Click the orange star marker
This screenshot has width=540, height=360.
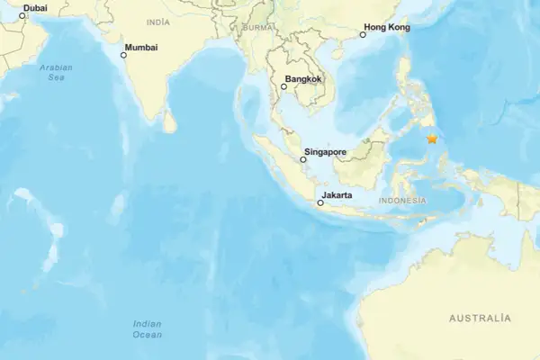[432, 139]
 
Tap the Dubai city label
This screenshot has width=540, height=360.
[35, 8]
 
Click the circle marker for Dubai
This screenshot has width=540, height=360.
[22, 15]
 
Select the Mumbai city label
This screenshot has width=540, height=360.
[141, 46]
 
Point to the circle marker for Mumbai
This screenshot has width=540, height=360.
[123, 55]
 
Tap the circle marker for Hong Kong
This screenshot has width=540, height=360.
[363, 35]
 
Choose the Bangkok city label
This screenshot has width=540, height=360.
[302, 79]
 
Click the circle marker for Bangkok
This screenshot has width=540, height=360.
[283, 86]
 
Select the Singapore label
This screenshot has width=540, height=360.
[325, 152]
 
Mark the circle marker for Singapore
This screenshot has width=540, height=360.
[301, 159]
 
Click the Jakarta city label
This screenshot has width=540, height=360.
[337, 194]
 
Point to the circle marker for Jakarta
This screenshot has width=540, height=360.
[320, 203]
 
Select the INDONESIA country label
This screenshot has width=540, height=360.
[402, 200]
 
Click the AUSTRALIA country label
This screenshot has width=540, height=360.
[480, 319]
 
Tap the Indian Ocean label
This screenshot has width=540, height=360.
[148, 328]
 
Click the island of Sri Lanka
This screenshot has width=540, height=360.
[169, 121]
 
